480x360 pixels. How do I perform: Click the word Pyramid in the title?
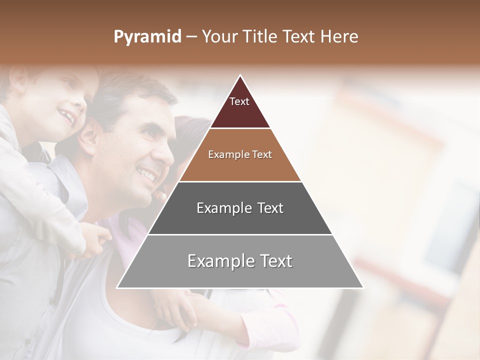(147, 37)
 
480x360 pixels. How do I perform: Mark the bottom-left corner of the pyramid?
(118, 287)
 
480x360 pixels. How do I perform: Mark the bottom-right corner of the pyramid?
(362, 287)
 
